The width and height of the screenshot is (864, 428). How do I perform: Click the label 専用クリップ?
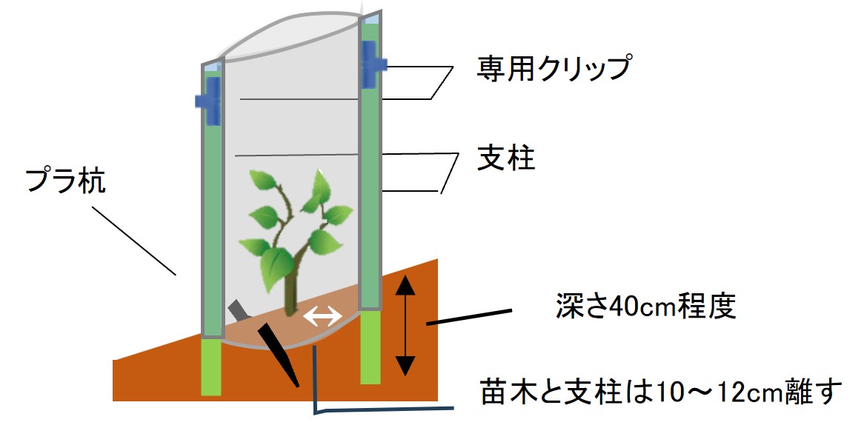click(553, 69)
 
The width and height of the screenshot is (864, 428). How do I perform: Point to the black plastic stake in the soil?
click(278, 353)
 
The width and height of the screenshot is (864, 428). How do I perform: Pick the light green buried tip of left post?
click(212, 367)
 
